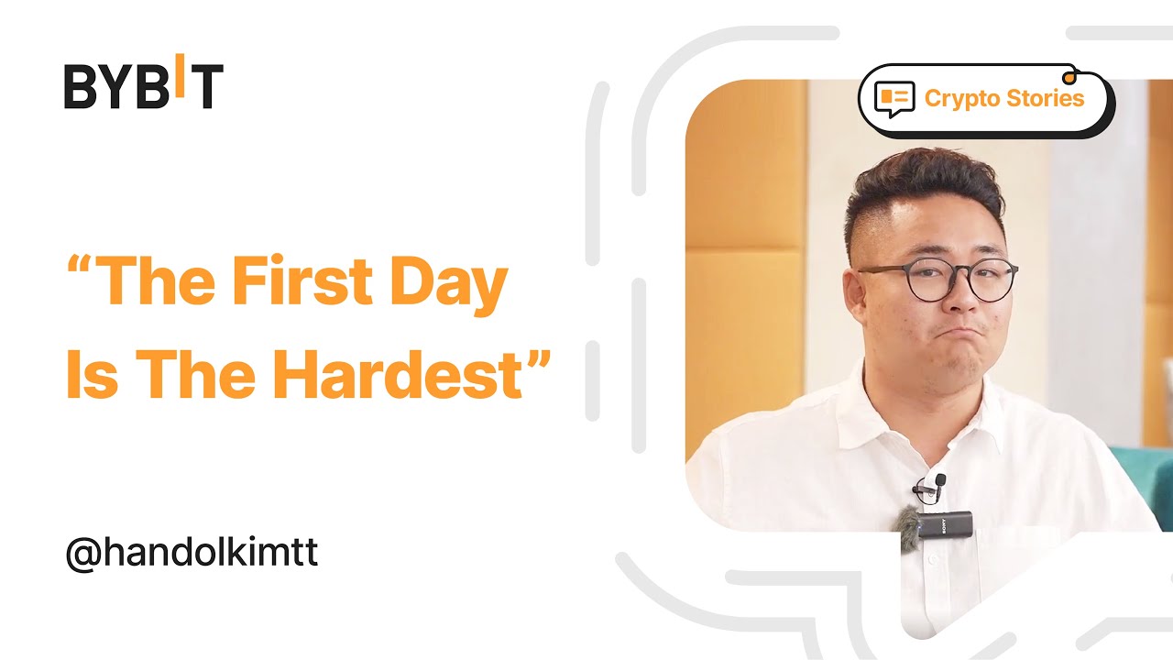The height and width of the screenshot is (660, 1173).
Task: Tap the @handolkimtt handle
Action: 192,555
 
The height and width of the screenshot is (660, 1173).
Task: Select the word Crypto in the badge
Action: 963,98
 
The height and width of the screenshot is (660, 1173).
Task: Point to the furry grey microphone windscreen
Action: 908,529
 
